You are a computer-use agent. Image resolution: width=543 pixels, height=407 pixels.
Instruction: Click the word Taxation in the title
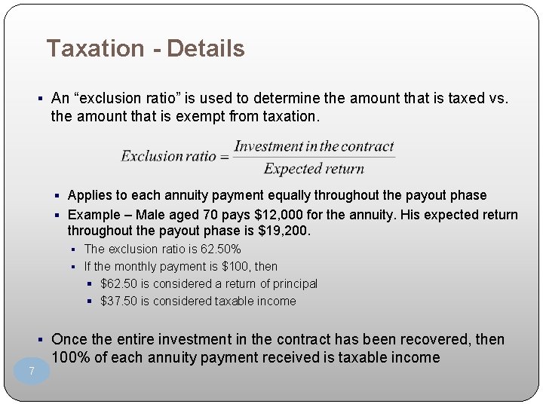(x=95, y=49)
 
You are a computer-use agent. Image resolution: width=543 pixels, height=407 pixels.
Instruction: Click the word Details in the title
(x=206, y=49)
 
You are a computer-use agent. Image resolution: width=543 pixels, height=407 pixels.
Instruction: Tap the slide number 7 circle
(x=32, y=371)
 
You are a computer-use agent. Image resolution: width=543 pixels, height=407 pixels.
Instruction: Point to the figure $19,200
(x=283, y=231)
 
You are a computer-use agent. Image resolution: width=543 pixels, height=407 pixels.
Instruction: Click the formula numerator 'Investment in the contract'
(x=314, y=146)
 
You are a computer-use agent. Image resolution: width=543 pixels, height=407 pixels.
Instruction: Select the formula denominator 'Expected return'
(x=314, y=169)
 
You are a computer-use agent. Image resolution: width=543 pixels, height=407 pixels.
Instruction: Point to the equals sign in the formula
(x=224, y=157)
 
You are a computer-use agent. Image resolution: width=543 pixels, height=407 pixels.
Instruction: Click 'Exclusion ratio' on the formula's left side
(x=169, y=157)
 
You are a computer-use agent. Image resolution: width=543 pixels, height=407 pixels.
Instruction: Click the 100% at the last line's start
(x=67, y=357)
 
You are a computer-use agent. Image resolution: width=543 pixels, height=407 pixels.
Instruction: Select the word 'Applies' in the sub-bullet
(x=89, y=196)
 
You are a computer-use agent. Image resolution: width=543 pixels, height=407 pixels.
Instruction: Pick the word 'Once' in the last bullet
(x=70, y=340)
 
